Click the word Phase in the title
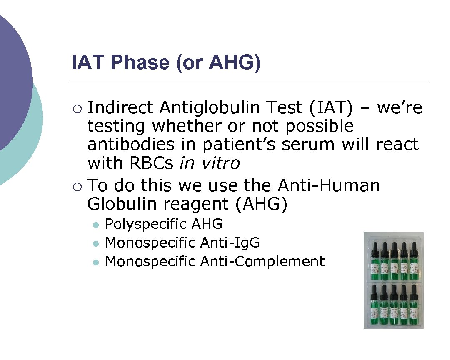(x=140, y=62)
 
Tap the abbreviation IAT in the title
(x=88, y=62)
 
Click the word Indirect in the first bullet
(x=120, y=108)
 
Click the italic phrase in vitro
(x=209, y=163)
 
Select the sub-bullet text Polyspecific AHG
(x=164, y=224)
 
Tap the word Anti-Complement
(x=262, y=261)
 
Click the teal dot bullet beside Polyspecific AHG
(x=96, y=225)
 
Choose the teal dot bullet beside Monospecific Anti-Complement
(x=96, y=262)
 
